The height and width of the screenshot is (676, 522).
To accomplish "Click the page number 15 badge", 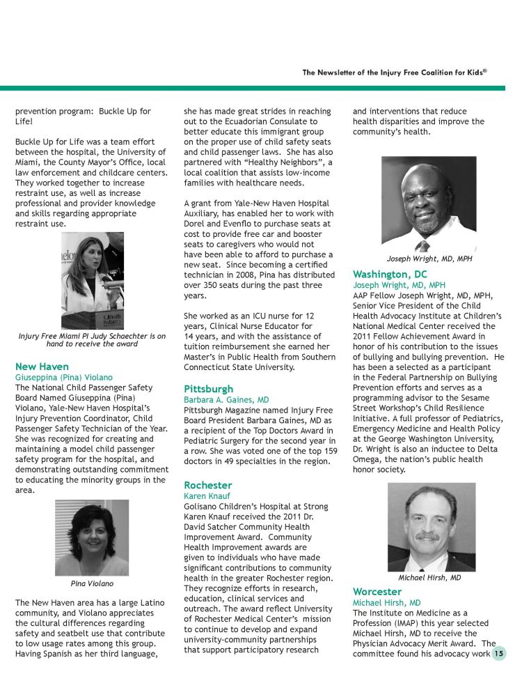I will (498, 654).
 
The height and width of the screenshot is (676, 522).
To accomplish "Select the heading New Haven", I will (42, 366).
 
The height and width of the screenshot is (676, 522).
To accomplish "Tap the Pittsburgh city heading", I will (208, 388).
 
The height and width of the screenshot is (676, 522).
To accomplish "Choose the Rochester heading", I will (207, 484).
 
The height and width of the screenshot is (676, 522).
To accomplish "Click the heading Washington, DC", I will (390, 274).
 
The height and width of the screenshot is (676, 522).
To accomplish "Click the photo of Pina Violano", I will (91, 537).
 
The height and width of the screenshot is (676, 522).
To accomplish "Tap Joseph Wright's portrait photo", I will (429, 203).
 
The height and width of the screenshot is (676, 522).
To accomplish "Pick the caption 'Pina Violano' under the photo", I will (92, 583).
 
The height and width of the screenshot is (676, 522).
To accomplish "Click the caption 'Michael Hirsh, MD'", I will (429, 578).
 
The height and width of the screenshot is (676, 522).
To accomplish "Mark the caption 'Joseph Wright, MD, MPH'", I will (429, 259).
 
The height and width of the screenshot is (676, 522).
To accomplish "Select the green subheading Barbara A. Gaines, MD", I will (226, 400).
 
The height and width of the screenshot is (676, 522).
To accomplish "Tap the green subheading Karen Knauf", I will (207, 496).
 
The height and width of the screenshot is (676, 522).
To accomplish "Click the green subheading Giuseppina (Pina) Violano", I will (63, 377).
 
